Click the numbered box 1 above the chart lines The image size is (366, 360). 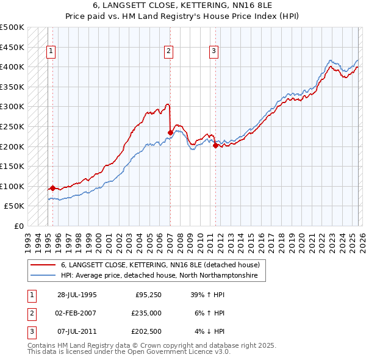51,52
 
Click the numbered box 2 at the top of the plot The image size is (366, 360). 168,52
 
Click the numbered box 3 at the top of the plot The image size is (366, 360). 214,52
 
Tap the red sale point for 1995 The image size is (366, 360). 53,188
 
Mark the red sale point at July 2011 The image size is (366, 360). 215,145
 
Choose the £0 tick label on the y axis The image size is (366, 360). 18,226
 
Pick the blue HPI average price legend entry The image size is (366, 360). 159,276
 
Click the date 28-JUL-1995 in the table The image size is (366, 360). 77,295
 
